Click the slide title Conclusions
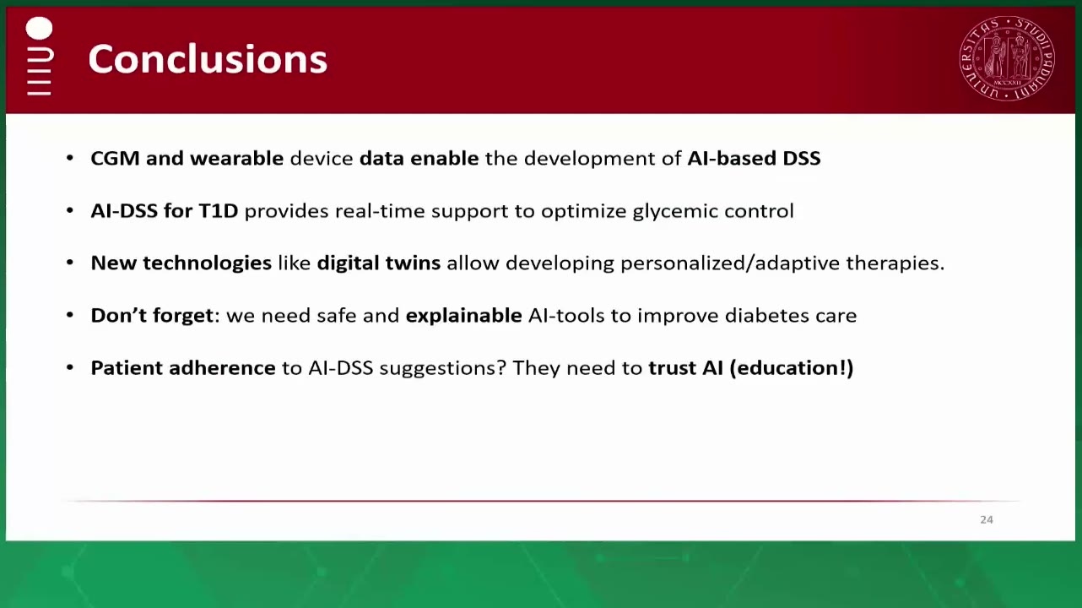coord(208,59)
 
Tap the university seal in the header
coord(1007,58)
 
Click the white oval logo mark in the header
coord(39,28)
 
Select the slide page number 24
coord(987,519)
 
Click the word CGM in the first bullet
coord(115,159)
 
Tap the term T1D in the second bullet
coord(219,211)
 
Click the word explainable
coord(463,316)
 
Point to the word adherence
coord(222,368)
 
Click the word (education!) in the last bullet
coord(791,368)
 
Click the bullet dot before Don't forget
coord(70,315)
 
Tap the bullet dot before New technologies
coord(70,263)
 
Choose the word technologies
coord(207,263)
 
